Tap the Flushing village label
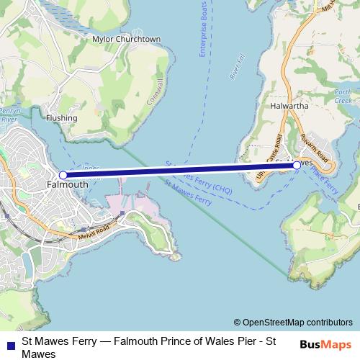click(x=61, y=117)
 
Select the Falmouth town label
click(x=66, y=184)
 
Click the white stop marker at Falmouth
click(x=63, y=175)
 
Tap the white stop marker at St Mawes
click(x=297, y=165)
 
